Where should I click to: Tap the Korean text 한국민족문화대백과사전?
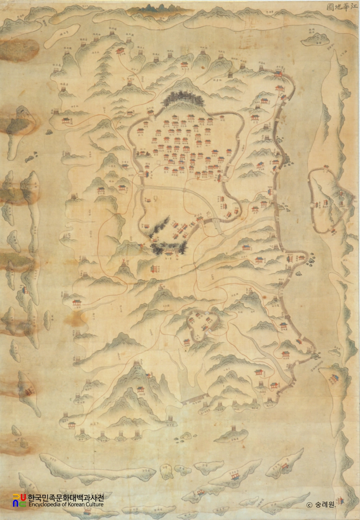65,497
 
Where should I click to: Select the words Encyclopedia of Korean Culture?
65,504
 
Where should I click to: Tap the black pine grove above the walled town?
183,100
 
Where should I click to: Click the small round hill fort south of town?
202,323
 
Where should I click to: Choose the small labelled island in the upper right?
315,39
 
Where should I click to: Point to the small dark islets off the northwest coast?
29,159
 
